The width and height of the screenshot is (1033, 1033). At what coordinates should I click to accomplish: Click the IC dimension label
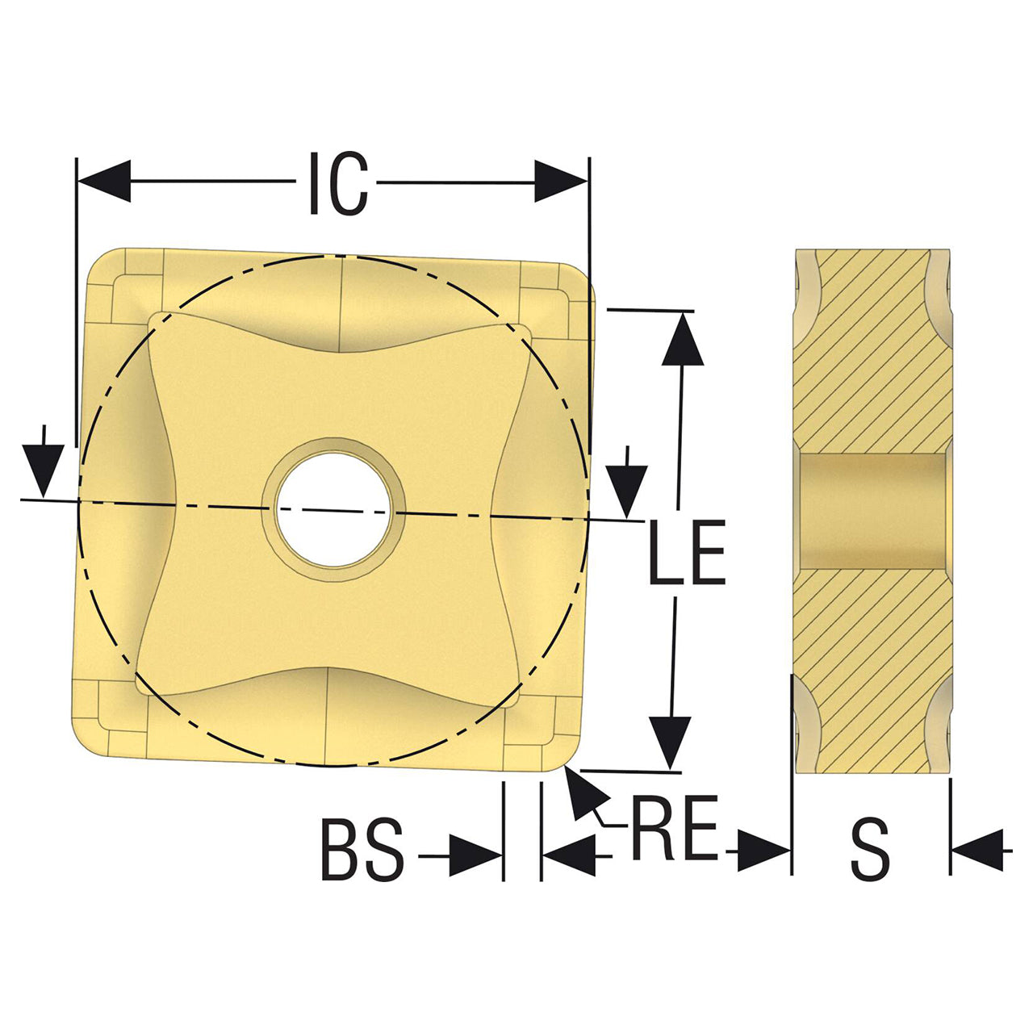(339, 183)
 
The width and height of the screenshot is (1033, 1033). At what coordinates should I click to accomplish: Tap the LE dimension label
(687, 552)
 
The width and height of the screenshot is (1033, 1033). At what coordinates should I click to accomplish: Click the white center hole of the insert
(332, 509)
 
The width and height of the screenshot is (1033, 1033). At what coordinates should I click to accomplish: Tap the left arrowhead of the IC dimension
(105, 181)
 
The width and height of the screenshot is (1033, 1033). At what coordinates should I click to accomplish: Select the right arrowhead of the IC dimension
(561, 182)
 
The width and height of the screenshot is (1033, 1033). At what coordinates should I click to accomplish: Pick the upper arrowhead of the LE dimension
(683, 339)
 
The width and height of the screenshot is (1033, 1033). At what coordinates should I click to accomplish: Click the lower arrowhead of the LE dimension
(669, 743)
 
